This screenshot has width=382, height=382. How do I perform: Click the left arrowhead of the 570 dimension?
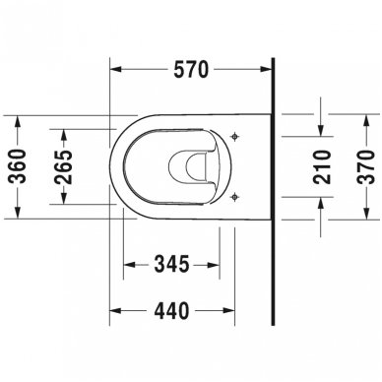click(x=111, y=72)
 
